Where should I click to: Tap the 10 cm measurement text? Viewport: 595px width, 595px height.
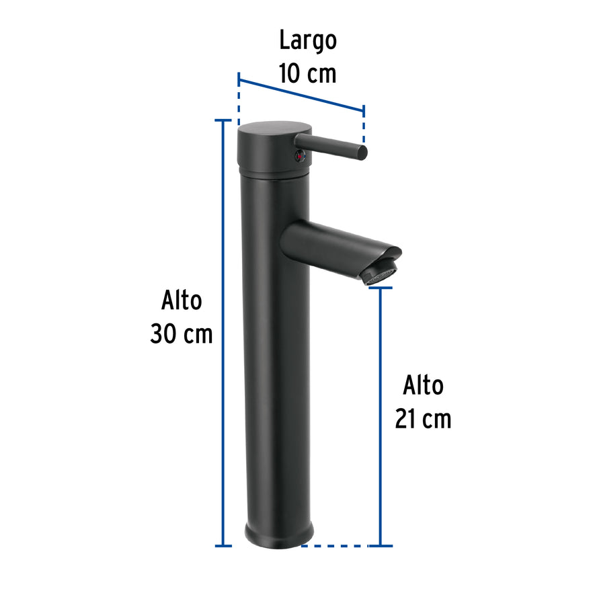coord(308,73)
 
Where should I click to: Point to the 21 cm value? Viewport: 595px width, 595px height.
coord(423,419)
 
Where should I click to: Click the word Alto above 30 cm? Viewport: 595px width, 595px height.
coord(182,301)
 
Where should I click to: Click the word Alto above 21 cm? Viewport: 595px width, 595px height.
coord(424,386)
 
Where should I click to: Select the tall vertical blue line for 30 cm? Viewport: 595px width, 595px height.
coord(223,333)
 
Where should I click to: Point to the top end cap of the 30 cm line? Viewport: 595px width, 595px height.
coord(223,120)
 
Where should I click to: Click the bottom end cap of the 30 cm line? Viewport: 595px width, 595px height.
coord(223,545)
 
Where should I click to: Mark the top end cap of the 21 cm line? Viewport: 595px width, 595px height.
coord(381,288)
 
